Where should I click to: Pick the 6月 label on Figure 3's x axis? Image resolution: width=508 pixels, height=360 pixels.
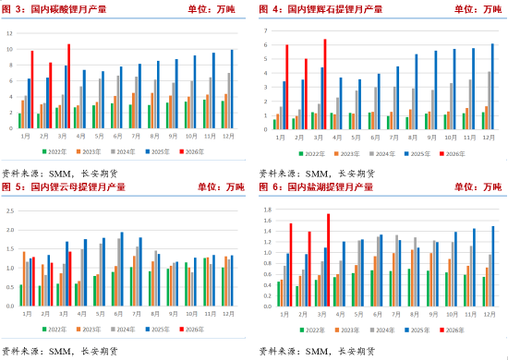[121, 135]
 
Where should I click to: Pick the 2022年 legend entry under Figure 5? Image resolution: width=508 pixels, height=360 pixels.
[57, 330]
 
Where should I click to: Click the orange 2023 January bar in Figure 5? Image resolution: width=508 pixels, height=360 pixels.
[24, 278]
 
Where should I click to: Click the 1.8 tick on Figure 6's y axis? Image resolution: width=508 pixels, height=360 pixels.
[266, 210]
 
